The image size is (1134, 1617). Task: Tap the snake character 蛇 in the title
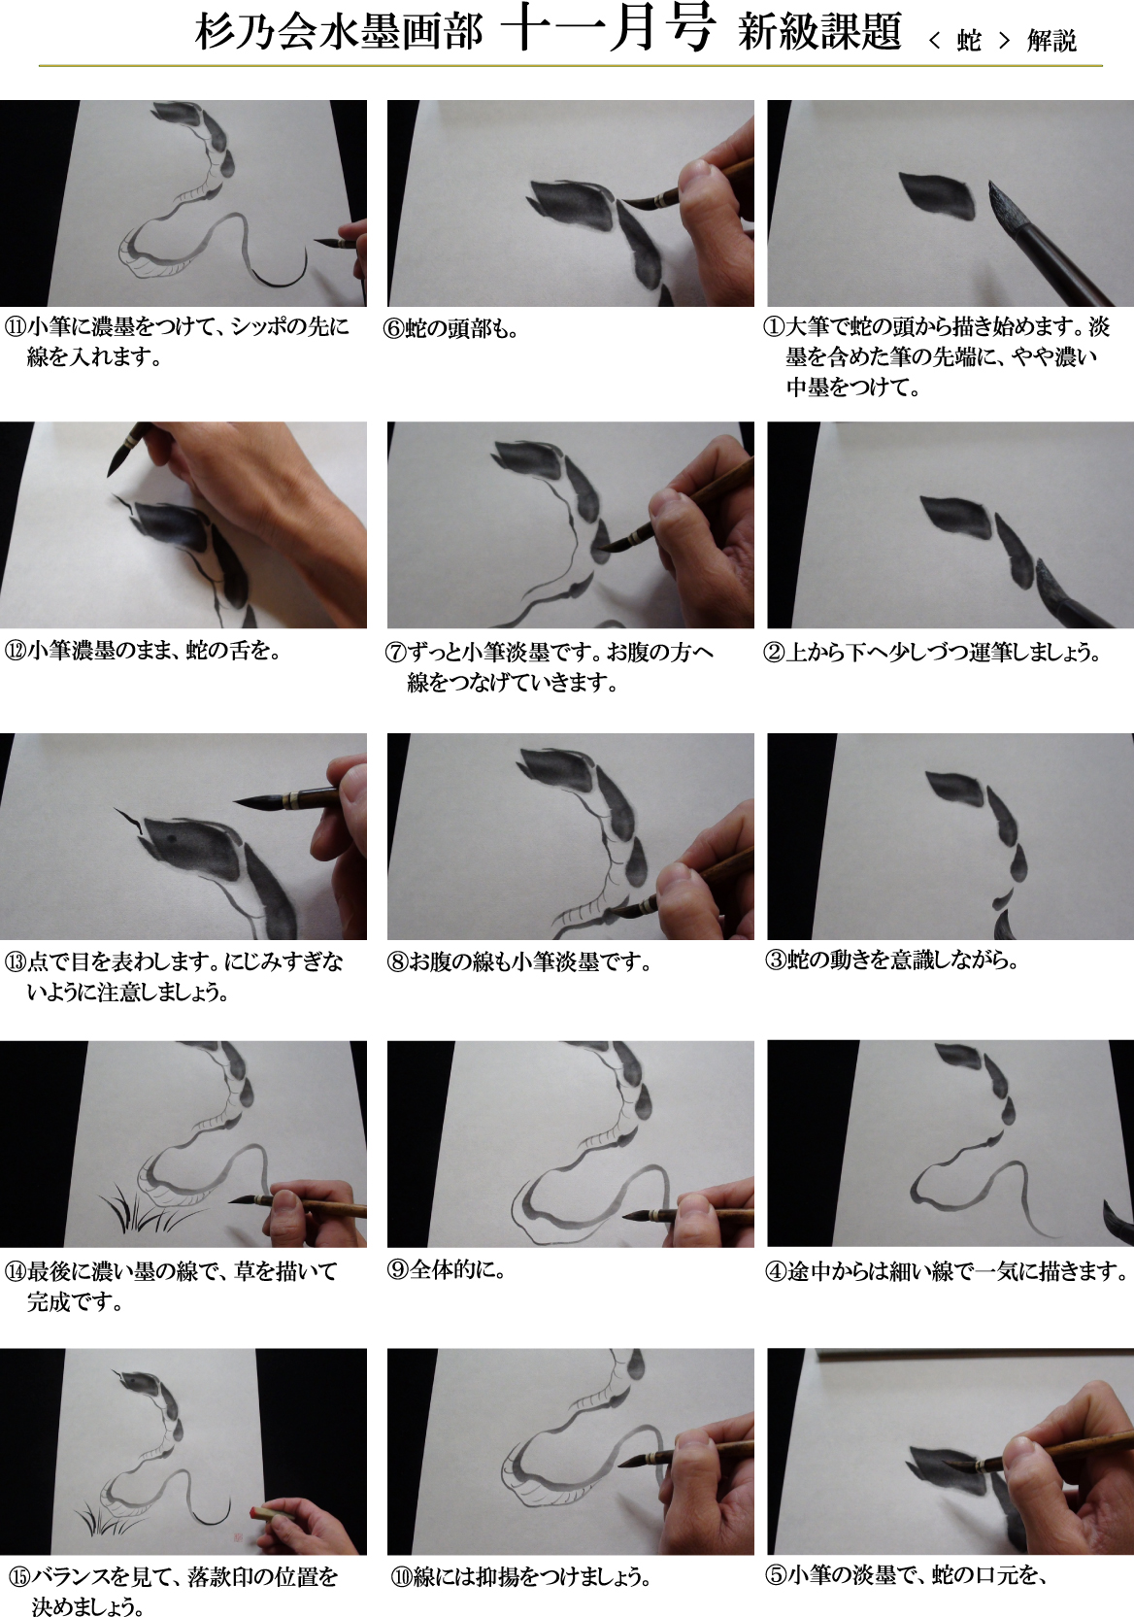[x=969, y=41]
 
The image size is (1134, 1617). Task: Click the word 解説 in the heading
[x=1051, y=41]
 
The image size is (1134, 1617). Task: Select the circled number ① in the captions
[x=774, y=327]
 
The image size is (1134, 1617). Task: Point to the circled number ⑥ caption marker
[x=394, y=329]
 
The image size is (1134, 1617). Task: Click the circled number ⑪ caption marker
[x=16, y=327]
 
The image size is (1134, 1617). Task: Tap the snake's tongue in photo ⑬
[x=131, y=820]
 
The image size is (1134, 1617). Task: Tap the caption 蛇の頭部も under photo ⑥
[x=457, y=329]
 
